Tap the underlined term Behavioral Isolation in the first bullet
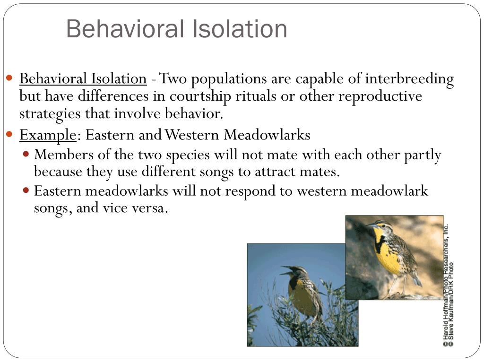[x=83, y=78]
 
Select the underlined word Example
[x=47, y=135]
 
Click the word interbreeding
[x=409, y=78]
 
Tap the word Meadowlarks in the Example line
[x=267, y=135]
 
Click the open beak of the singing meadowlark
[x=285, y=272]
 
